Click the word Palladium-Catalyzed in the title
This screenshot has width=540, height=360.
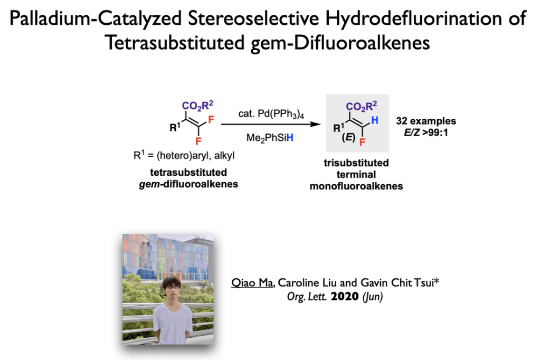96,18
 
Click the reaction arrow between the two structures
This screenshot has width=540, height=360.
271,124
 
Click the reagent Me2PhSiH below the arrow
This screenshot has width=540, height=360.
270,138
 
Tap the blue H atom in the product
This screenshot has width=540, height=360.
375,120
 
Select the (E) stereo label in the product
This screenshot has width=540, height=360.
348,138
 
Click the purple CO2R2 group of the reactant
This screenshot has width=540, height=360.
197,106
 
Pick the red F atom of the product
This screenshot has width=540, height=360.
362,142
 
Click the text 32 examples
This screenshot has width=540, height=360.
426,121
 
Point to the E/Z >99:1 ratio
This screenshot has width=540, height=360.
426,132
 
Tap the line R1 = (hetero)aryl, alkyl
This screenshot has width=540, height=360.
184,155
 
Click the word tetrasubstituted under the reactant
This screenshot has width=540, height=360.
188,172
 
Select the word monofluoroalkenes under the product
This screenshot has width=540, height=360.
356,186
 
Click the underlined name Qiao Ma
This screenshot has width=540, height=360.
252,283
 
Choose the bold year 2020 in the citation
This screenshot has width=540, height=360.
345,296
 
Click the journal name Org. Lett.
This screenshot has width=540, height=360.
307,297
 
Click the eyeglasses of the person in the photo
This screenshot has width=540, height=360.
172,287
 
